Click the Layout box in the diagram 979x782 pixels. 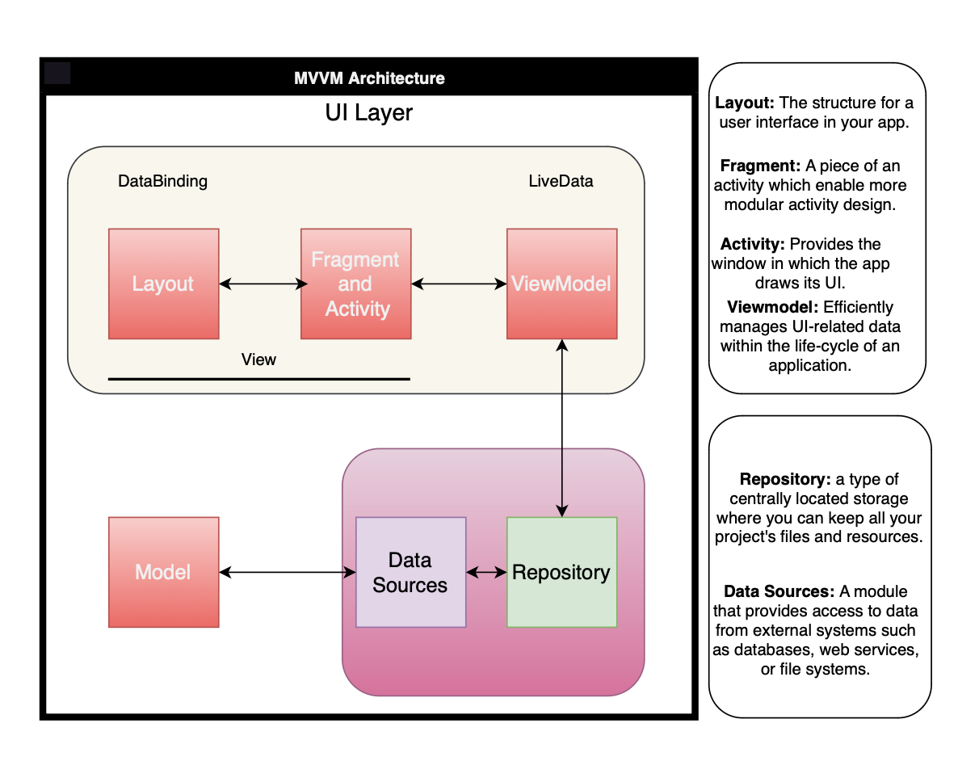click(164, 284)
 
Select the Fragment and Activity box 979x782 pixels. click(355, 284)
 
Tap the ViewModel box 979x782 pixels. click(562, 284)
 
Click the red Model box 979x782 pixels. click(164, 572)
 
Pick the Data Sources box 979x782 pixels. click(411, 572)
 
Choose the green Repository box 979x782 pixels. click(562, 572)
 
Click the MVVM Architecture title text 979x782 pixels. click(369, 78)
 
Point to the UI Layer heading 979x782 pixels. click(369, 112)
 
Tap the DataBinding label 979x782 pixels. click(163, 181)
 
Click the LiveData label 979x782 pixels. click(561, 181)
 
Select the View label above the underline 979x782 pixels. click(258, 359)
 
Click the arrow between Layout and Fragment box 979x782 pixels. click(263, 284)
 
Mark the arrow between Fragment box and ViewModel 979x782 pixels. click(459, 284)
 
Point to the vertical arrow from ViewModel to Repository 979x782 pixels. click(562, 428)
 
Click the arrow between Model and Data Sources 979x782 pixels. click(288, 572)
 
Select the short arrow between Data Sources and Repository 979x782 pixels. click(487, 572)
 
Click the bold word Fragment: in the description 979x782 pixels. click(760, 166)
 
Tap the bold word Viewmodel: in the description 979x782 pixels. click(772, 307)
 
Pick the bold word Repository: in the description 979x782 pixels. click(785, 479)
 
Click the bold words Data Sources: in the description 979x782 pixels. click(779, 591)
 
